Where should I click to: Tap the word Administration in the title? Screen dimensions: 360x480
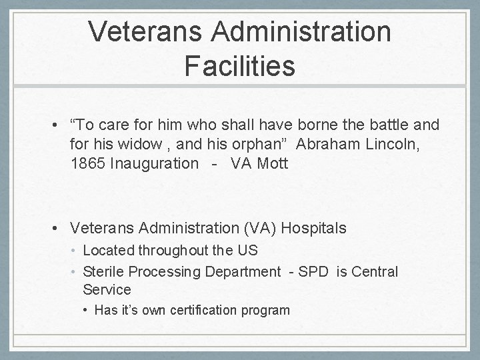click(x=297, y=31)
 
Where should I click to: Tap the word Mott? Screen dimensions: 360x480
click(x=273, y=163)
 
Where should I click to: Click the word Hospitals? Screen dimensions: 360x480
click(x=314, y=228)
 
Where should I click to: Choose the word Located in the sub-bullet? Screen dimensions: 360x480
click(x=109, y=251)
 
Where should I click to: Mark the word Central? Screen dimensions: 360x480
click(x=374, y=272)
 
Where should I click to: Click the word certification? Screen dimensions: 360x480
click(x=207, y=310)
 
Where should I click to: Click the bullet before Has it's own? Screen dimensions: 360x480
click(x=87, y=310)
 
